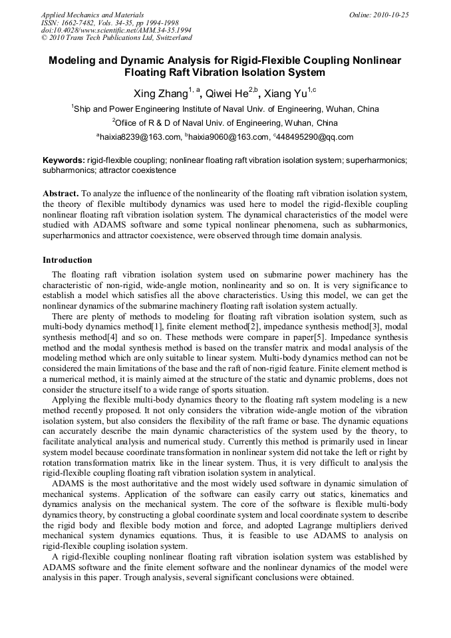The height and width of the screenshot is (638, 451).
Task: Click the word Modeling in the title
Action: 75,61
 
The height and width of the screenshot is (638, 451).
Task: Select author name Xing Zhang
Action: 161,94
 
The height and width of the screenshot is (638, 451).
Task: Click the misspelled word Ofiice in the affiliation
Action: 130,123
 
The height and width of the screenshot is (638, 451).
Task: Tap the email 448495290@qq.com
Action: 315,137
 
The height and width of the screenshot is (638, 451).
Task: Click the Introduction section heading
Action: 67,259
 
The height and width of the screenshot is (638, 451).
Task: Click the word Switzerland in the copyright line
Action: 168,39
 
